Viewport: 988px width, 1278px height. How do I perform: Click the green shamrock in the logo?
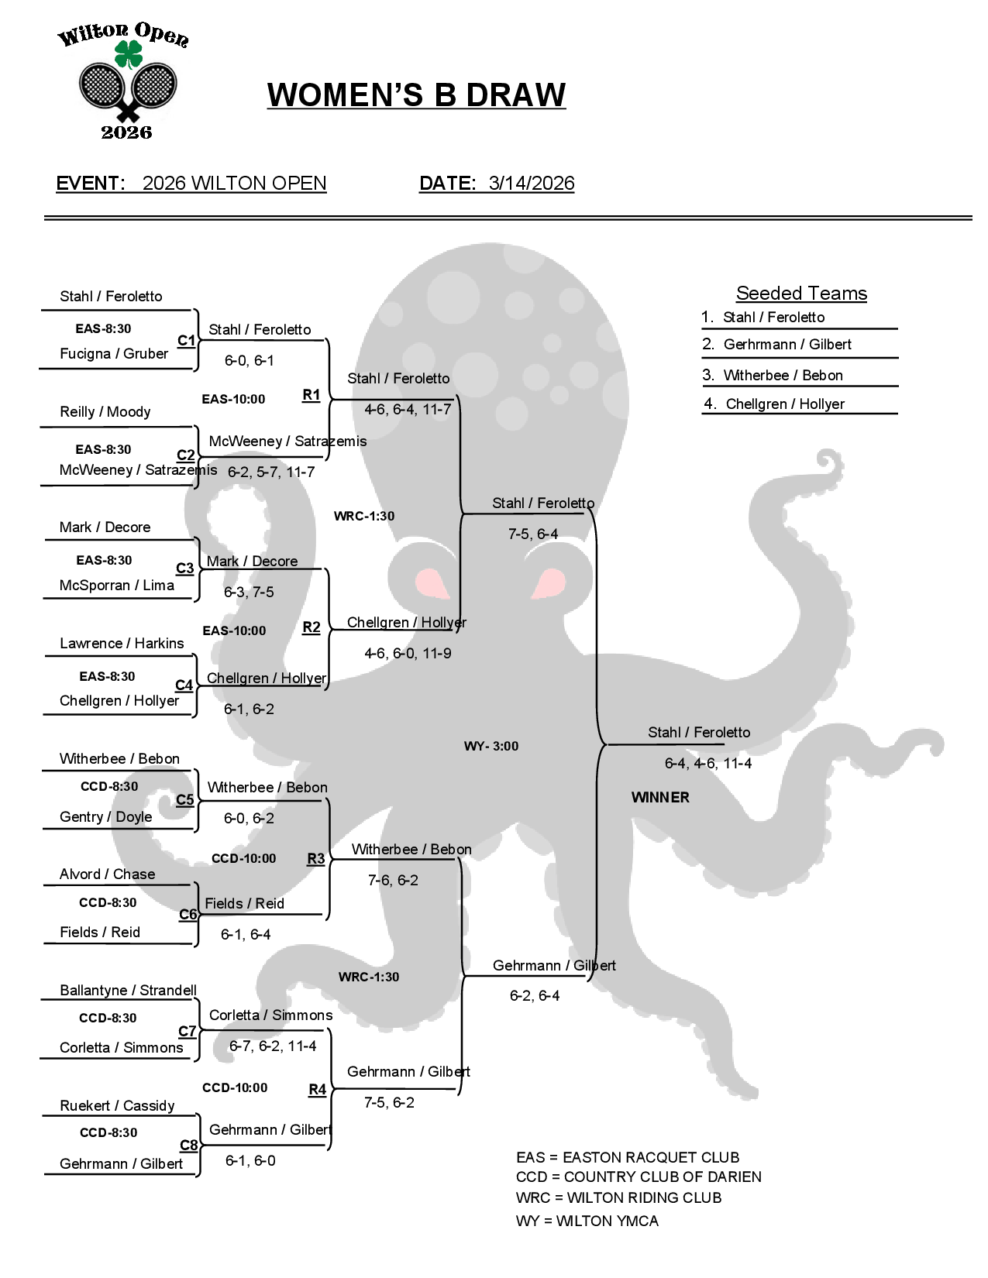(128, 55)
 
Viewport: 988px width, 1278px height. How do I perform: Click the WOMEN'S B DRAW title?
(416, 95)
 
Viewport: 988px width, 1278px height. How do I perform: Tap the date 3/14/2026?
(531, 184)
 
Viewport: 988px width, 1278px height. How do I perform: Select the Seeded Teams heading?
(801, 294)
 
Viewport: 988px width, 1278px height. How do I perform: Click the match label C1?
(186, 341)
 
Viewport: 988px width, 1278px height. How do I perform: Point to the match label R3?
(315, 858)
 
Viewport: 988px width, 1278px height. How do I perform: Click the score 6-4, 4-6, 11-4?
(707, 764)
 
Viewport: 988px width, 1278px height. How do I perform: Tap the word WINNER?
(659, 798)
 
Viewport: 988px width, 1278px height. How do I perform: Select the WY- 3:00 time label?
(491, 746)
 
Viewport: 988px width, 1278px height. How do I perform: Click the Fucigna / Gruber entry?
(114, 354)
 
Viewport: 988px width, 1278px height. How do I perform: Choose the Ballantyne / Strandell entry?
(128, 990)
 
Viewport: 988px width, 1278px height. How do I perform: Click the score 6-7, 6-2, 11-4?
(272, 1046)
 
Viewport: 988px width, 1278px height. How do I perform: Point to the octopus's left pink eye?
(431, 582)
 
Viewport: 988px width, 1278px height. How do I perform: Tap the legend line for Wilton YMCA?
(587, 1221)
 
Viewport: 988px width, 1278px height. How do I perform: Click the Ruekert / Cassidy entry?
(117, 1105)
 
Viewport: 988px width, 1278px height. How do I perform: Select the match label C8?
(188, 1145)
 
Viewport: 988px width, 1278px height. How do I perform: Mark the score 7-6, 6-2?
(393, 881)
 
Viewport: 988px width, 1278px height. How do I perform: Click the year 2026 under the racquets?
(126, 132)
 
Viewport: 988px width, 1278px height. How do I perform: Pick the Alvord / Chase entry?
(107, 874)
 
